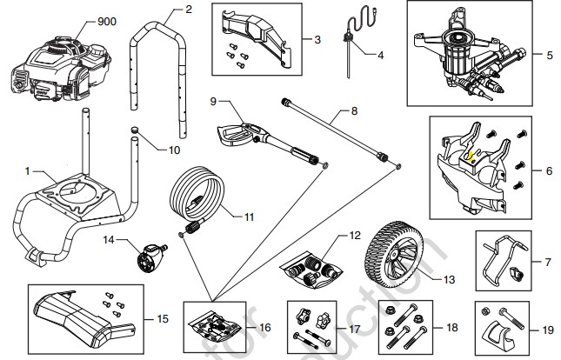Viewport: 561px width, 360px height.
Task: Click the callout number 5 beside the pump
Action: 549,55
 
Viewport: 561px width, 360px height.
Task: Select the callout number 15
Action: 163,320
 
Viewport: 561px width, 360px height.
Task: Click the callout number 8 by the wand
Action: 354,111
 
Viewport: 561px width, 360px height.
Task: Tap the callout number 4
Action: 379,54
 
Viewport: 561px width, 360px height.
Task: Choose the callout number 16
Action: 265,327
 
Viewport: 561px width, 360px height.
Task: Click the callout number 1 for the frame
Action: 27,169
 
